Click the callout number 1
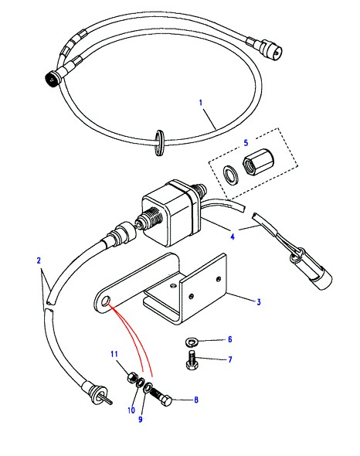(201, 103)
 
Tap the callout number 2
(39, 260)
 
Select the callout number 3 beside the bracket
(259, 302)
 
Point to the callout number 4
(233, 237)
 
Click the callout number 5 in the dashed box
(246, 143)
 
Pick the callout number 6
(229, 339)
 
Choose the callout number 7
(230, 359)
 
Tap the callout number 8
(196, 400)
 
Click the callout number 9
(141, 420)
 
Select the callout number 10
(131, 410)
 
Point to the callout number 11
(114, 354)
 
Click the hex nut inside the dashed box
(254, 162)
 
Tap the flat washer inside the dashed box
(232, 175)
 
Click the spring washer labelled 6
(192, 342)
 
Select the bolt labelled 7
(192, 360)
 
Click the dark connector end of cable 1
(52, 77)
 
